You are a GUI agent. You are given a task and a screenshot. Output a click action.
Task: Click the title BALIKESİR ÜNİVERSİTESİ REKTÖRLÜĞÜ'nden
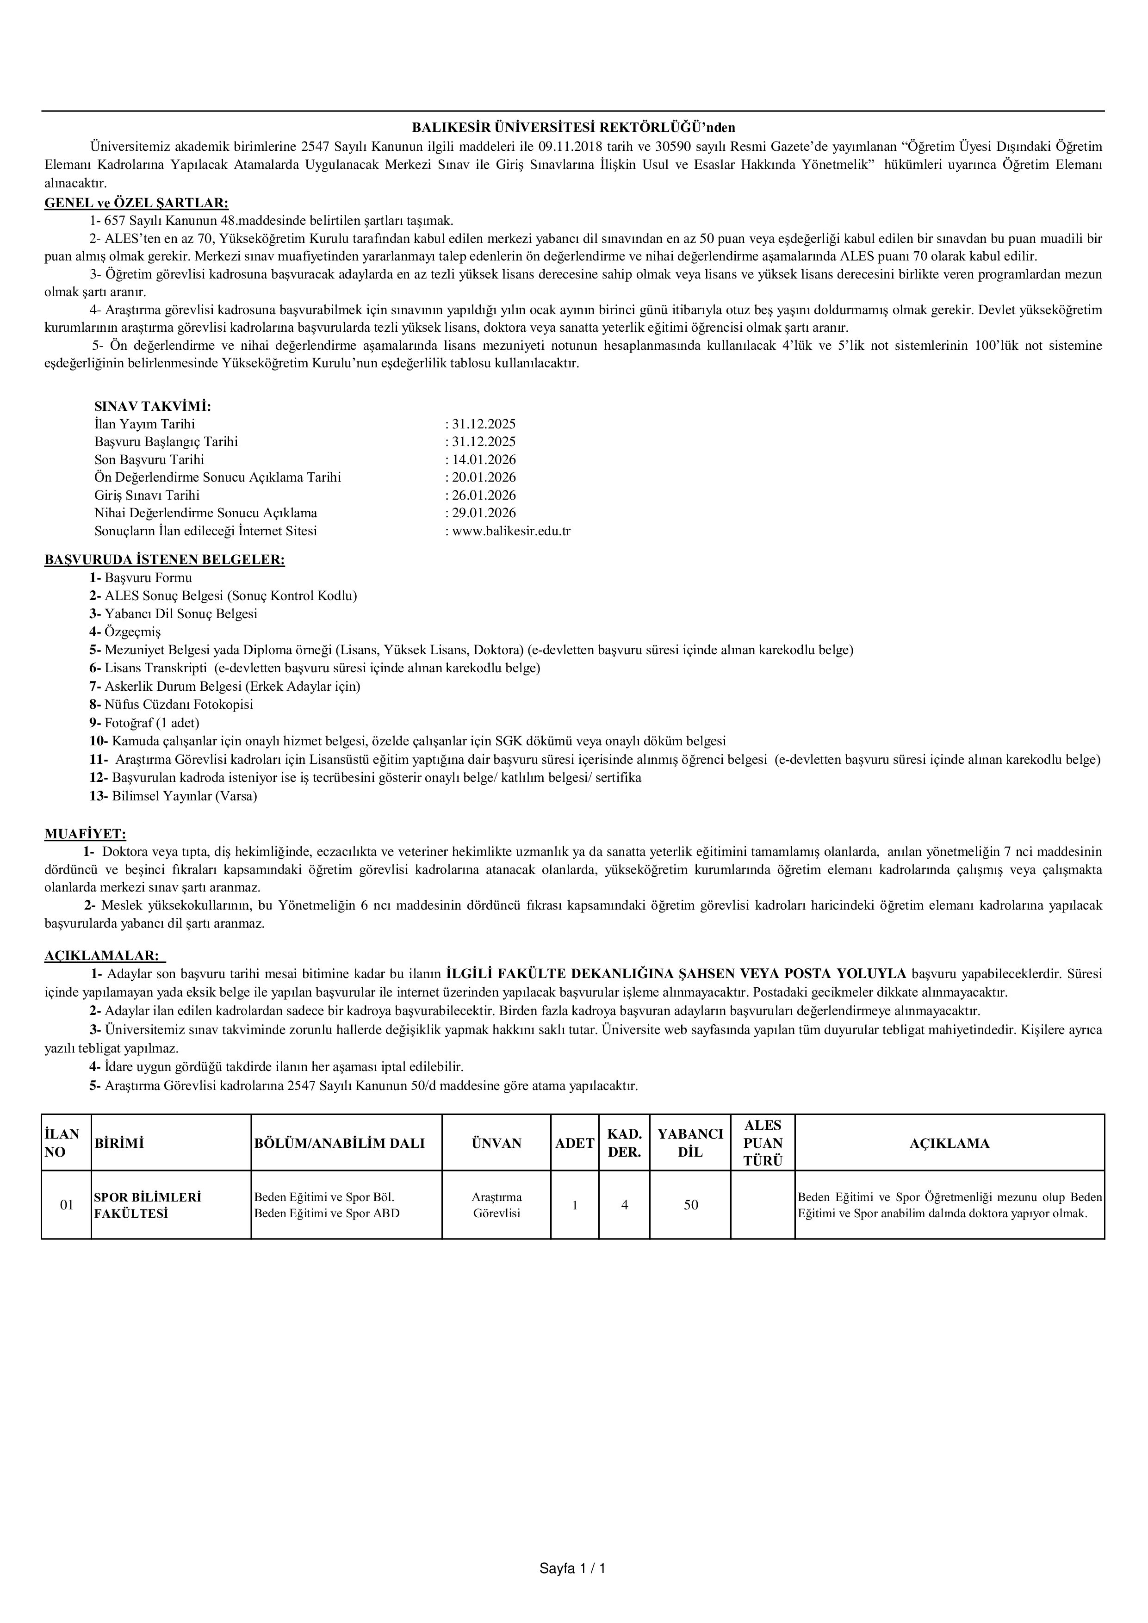(573, 128)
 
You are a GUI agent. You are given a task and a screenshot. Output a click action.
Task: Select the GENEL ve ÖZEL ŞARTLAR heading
(137, 203)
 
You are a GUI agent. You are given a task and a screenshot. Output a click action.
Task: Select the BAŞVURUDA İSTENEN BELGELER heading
(165, 560)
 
